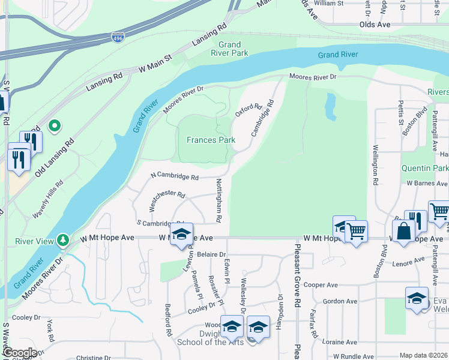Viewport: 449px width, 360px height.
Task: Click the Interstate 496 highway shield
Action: point(118,37)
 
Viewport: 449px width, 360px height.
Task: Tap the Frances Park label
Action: point(210,140)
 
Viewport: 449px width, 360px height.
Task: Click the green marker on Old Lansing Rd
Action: point(55,126)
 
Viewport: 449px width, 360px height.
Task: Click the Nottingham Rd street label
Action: point(218,200)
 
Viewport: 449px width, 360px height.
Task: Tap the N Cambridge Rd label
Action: point(174,177)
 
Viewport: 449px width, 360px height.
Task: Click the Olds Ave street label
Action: point(375,25)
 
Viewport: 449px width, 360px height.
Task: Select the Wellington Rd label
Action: point(375,164)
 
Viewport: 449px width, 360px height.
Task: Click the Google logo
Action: point(19,353)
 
